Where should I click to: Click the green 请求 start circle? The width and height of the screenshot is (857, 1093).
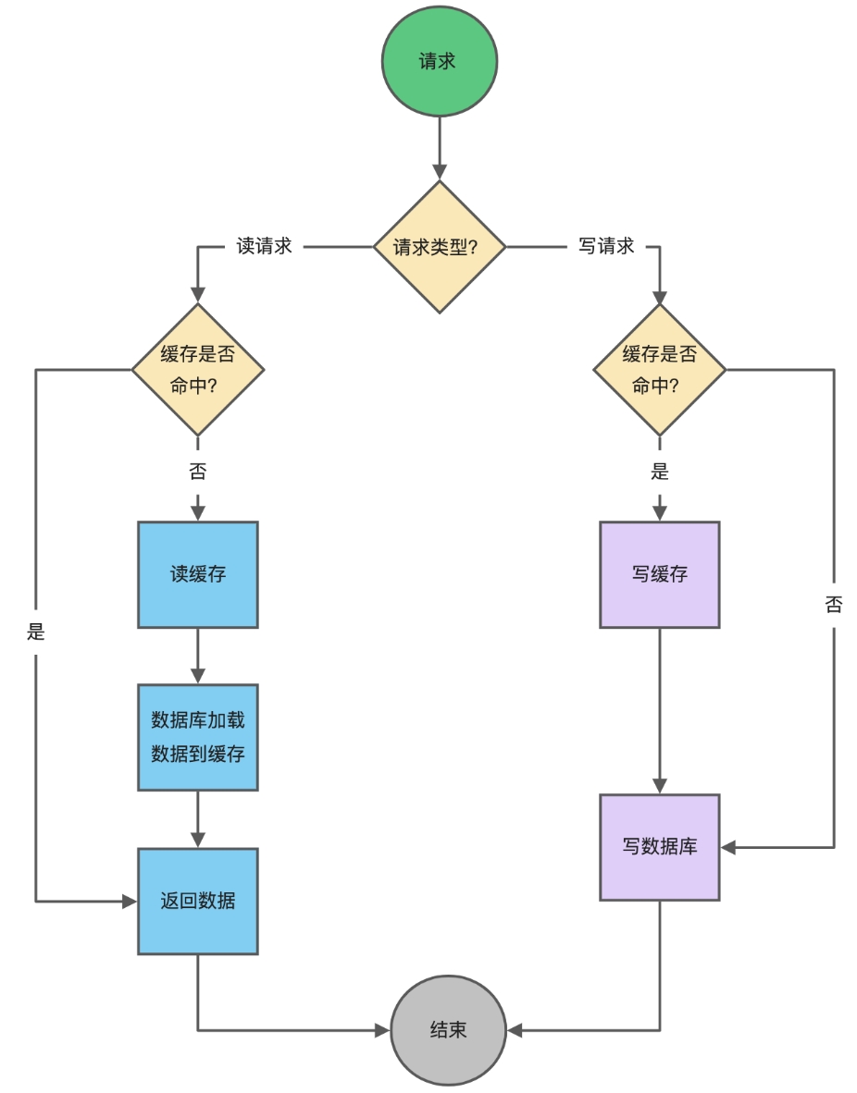(x=440, y=63)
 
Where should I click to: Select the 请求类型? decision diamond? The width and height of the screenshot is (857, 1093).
(x=440, y=247)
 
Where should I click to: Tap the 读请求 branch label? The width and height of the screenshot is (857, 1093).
(x=265, y=247)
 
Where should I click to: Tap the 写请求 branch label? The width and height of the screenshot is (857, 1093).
(x=606, y=247)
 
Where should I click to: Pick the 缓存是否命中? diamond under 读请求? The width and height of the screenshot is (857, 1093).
(x=198, y=370)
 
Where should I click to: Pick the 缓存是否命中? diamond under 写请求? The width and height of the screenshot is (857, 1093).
(x=659, y=370)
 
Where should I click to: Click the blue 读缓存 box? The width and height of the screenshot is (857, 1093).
(x=198, y=574)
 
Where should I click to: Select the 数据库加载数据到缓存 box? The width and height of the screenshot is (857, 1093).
(x=198, y=737)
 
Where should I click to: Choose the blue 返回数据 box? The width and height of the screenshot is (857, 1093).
(x=198, y=901)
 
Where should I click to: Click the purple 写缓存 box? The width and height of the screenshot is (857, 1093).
(x=659, y=574)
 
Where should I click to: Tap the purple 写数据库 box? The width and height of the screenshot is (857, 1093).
(x=659, y=846)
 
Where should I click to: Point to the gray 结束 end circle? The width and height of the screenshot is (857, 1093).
(x=448, y=1030)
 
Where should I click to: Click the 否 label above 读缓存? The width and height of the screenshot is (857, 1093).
(x=198, y=472)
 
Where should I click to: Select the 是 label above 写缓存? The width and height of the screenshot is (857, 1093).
(x=659, y=472)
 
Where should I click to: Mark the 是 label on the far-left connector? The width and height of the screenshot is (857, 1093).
(x=36, y=632)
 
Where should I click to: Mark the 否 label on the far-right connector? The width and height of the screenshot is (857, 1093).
(x=834, y=605)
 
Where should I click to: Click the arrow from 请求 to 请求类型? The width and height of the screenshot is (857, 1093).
(x=440, y=148)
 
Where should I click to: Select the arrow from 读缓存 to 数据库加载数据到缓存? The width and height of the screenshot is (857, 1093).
(x=198, y=656)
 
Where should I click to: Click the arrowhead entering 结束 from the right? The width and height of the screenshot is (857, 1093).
(x=515, y=1030)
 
